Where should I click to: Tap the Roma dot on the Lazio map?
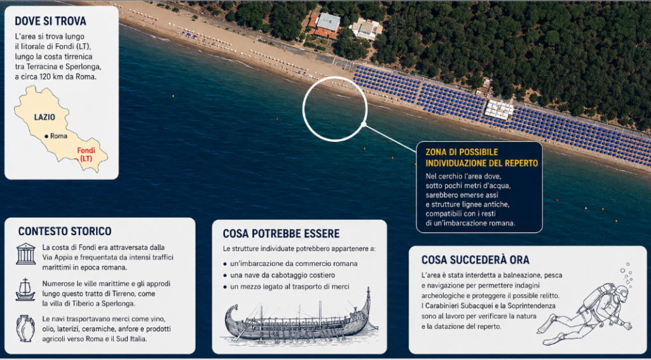click(x=46, y=136)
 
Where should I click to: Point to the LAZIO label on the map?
click(x=45, y=117)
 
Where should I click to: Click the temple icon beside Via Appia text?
click(x=26, y=254)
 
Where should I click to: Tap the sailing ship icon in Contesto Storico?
click(x=25, y=290)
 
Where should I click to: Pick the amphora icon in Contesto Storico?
click(x=25, y=328)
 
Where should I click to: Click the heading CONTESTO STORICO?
click(x=65, y=232)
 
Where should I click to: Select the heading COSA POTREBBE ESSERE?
click(x=281, y=233)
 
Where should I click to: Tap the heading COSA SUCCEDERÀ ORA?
click(x=476, y=260)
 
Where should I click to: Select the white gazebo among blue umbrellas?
click(x=499, y=109)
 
